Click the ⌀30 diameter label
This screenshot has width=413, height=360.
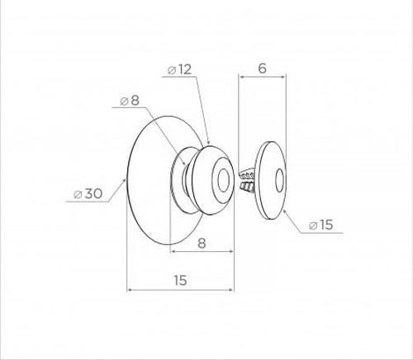click(88, 194)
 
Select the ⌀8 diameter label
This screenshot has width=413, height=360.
click(130, 101)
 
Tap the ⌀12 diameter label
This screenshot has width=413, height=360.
click(179, 69)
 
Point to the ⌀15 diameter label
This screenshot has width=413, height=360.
click(320, 225)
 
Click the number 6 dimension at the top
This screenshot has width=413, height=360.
click(263, 69)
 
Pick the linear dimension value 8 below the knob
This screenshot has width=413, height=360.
click(202, 243)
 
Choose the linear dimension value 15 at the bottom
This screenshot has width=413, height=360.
click(180, 281)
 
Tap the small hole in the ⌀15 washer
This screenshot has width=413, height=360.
click(280, 180)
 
